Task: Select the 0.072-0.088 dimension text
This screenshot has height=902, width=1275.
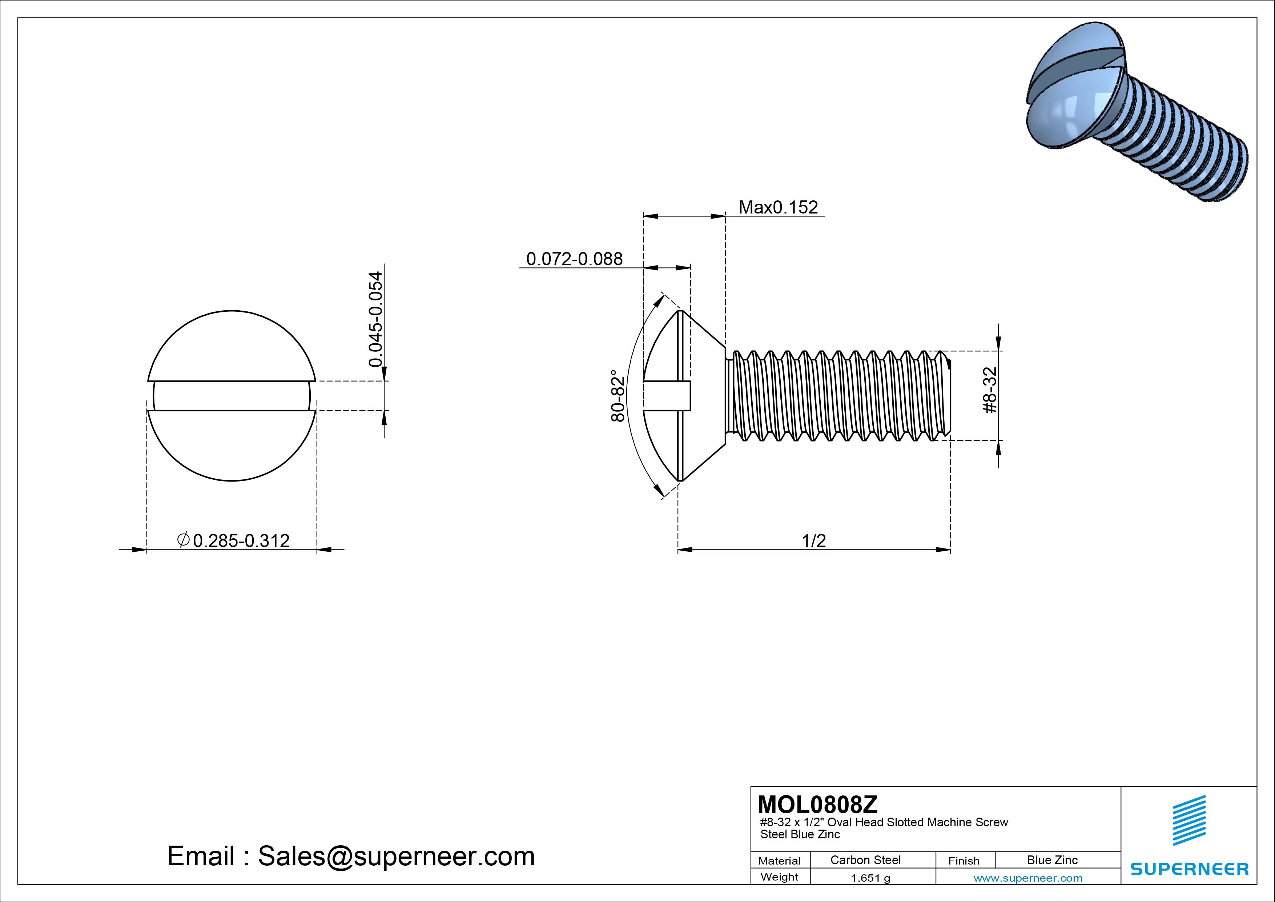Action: (574, 259)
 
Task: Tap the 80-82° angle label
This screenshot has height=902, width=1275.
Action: (618, 396)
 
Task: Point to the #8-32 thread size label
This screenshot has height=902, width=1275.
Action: (990, 390)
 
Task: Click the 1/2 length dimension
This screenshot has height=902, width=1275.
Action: (813, 541)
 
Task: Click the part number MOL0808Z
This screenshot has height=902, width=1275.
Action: (817, 804)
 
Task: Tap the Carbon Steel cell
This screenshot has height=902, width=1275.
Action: (865, 860)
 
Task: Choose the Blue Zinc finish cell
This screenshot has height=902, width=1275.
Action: (1052, 860)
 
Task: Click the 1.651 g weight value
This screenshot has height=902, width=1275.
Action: (870, 878)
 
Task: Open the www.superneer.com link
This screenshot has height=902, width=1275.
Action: (1028, 878)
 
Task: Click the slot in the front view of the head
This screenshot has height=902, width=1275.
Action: (231, 396)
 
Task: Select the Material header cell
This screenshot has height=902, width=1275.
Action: (779, 861)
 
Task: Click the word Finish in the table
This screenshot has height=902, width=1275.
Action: (964, 861)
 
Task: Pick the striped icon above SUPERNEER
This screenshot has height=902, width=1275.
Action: (1188, 820)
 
